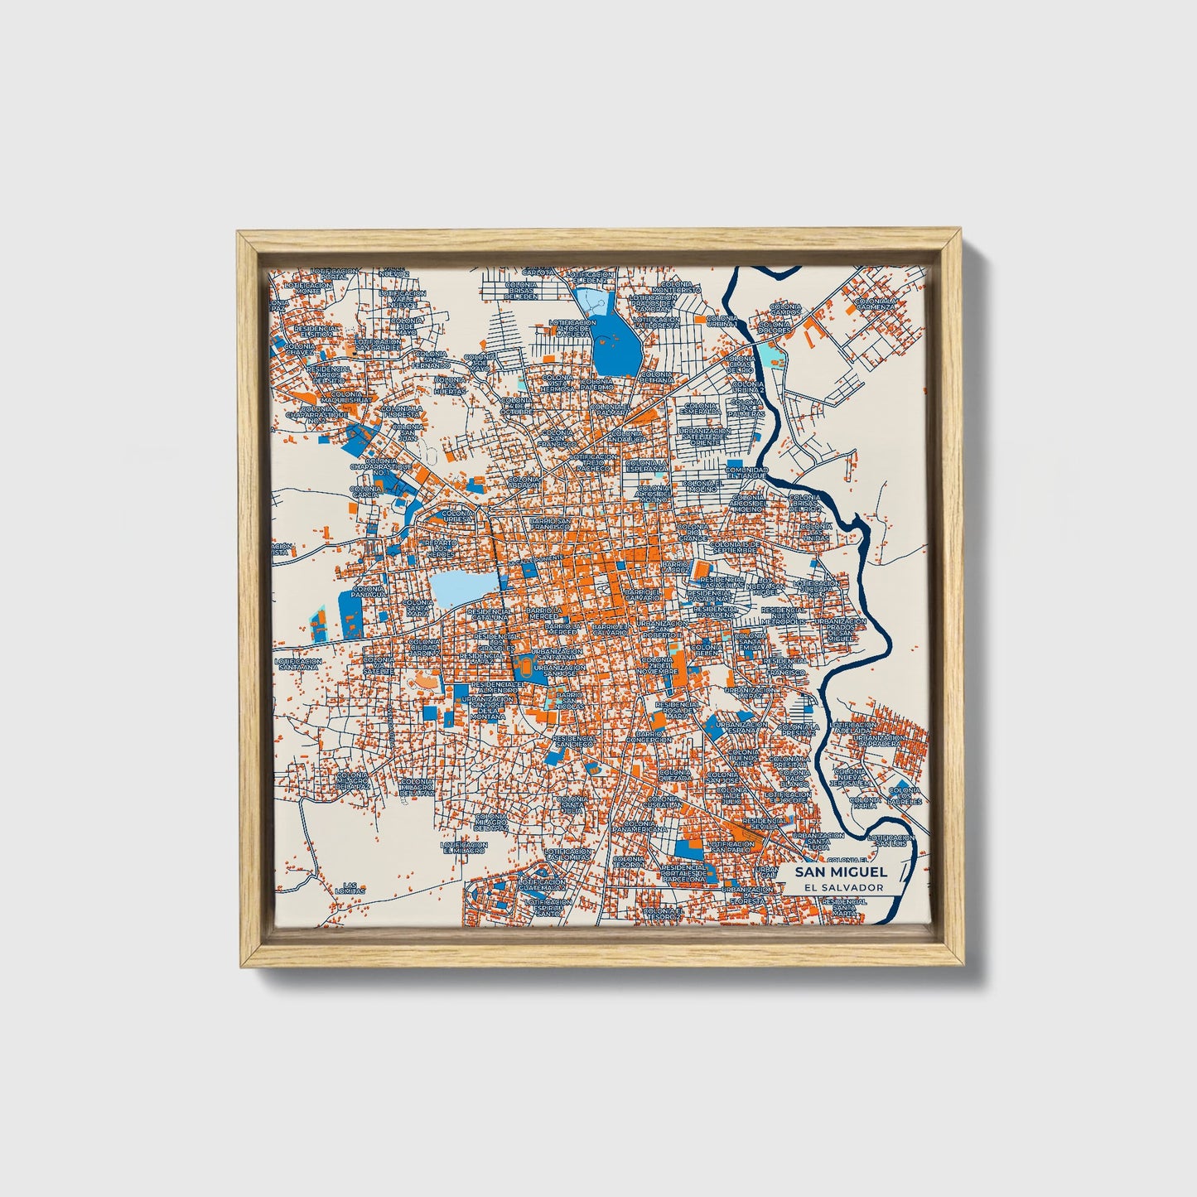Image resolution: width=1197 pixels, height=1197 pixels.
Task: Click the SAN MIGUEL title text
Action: [841, 871]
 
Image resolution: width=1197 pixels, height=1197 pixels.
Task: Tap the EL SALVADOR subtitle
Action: [841, 887]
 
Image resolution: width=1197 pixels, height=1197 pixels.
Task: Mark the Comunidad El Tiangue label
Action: [747, 472]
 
